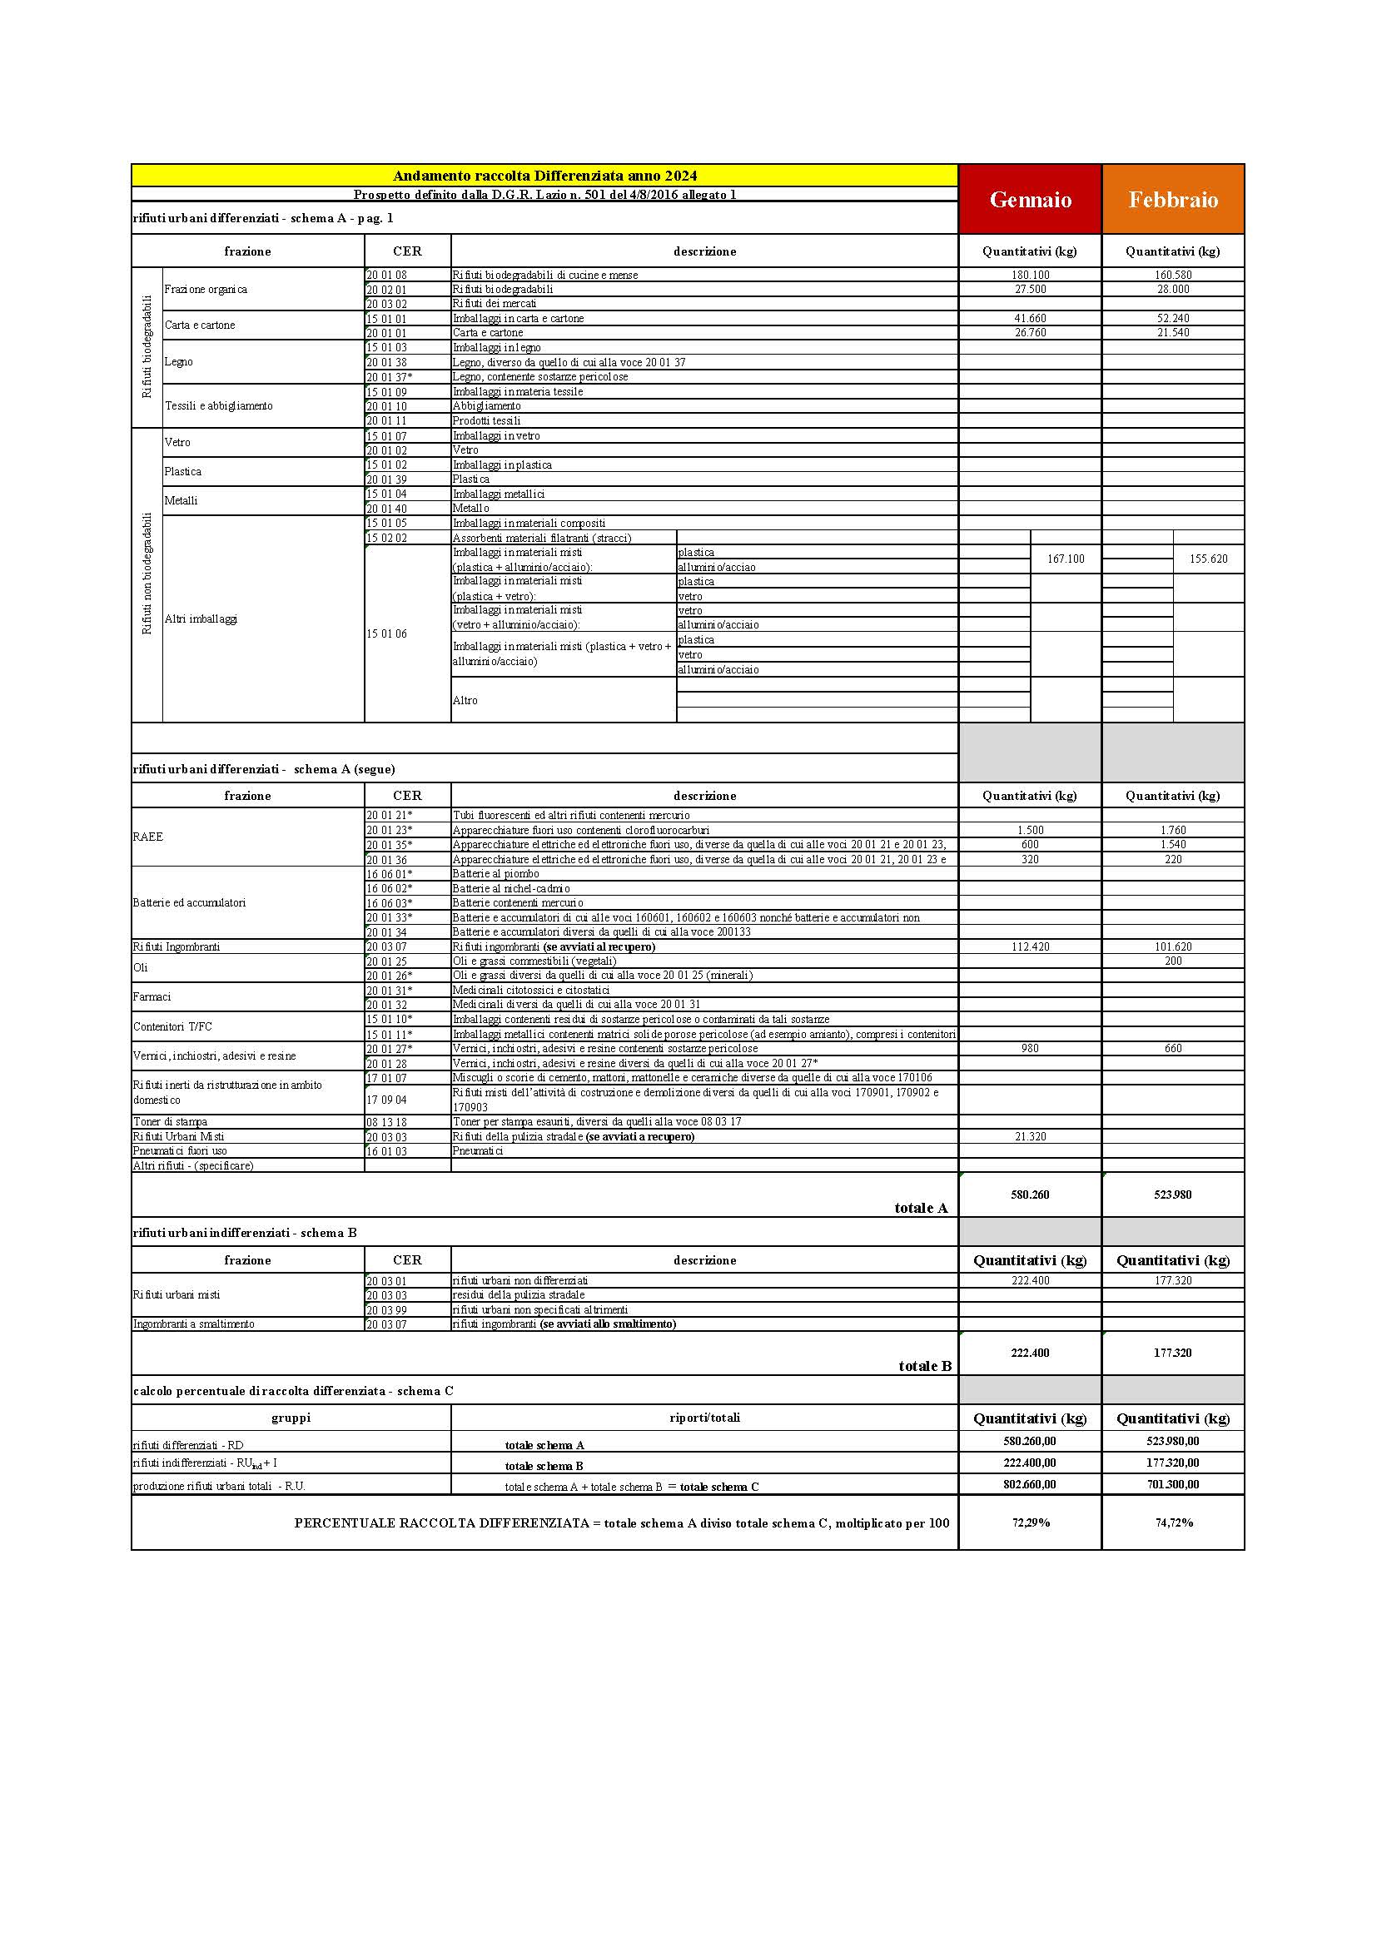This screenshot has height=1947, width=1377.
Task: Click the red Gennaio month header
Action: point(1029,199)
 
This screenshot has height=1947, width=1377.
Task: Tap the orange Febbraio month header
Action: point(1173,199)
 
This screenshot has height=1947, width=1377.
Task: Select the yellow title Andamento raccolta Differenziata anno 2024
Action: point(544,176)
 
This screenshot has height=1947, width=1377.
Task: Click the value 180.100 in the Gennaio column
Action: point(1029,275)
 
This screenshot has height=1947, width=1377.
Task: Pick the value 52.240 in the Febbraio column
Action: point(1173,318)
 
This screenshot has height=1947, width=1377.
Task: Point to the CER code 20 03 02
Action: point(386,304)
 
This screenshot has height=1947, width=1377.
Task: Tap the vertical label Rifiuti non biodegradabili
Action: point(147,574)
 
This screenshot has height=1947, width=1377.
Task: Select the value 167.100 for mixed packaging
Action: point(1065,559)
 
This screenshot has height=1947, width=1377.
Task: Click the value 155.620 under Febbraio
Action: point(1208,559)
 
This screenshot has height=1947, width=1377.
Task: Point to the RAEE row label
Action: point(148,837)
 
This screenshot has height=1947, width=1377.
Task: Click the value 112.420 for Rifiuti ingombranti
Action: point(1029,946)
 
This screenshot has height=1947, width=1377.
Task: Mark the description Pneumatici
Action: point(477,1150)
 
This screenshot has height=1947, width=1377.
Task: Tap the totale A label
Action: point(921,1208)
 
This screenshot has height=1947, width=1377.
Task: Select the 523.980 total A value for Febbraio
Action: point(1173,1195)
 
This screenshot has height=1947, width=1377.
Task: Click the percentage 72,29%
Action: point(1030,1523)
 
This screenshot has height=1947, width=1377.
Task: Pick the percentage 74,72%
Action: point(1174,1523)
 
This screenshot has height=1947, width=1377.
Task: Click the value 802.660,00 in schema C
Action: point(1029,1484)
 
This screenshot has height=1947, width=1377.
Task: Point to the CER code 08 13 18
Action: point(386,1122)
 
